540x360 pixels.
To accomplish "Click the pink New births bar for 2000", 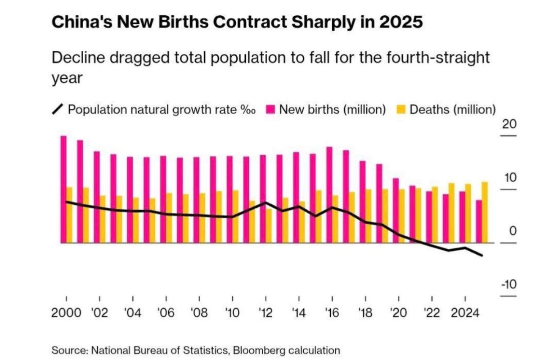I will click(x=63, y=189).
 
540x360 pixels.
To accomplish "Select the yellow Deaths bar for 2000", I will click(x=69, y=215).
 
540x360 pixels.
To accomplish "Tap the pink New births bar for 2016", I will click(x=329, y=195).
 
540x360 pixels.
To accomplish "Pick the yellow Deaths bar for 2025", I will click(x=485, y=212).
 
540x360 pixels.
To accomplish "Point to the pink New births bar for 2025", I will click(x=479, y=221).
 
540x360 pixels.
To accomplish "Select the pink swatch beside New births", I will click(x=270, y=109).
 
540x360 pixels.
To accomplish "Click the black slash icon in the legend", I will click(x=58, y=109).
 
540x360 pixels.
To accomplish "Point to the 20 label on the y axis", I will click(x=509, y=125).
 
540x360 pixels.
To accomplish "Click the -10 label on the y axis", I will click(x=508, y=285).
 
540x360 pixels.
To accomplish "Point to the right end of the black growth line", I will click(x=482, y=256).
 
